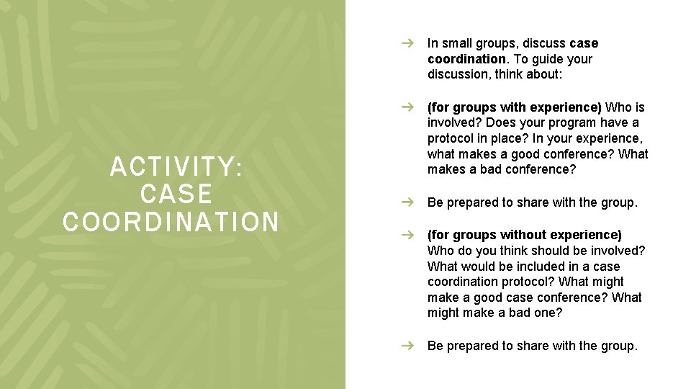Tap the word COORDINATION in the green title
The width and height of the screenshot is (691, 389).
point(171,222)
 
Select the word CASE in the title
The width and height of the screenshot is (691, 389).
point(176,194)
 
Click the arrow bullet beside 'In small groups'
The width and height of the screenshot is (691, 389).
point(407,43)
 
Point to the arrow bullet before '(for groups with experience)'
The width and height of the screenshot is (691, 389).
point(407,107)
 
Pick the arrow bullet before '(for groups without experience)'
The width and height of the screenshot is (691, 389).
point(407,235)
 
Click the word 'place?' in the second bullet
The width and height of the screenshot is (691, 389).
point(504,138)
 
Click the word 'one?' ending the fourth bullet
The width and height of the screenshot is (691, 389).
point(549,313)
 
